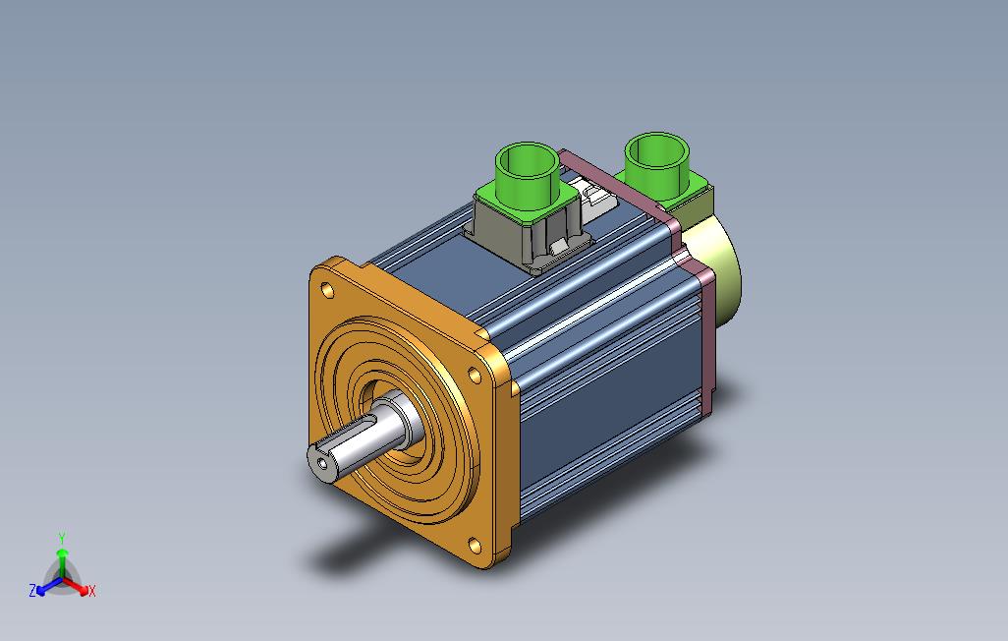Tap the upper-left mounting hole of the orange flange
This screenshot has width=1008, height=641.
pos(328,291)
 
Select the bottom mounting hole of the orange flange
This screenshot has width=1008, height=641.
pos(475,546)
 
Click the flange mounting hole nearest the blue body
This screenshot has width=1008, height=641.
pos(475,375)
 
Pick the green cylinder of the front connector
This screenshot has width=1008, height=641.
pos(527,170)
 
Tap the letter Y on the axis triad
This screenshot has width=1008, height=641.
pos(62,538)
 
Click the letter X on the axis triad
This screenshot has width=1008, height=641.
pos(92,591)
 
